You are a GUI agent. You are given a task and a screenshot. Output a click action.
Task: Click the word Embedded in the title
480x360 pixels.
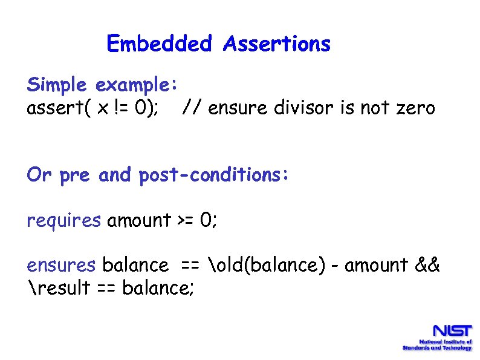[159, 44]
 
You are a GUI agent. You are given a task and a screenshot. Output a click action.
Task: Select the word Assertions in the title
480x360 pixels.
[276, 44]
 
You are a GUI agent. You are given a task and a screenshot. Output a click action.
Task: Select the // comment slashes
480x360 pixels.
[192, 108]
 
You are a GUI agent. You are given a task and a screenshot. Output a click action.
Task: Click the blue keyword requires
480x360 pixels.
[63, 220]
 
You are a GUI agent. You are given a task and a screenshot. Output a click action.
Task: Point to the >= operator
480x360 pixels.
[186, 220]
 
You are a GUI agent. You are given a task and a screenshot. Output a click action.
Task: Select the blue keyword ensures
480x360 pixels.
[61, 265]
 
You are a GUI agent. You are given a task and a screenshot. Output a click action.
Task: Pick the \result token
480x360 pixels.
[55, 288]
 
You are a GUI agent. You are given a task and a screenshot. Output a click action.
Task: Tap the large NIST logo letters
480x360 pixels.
[450, 332]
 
